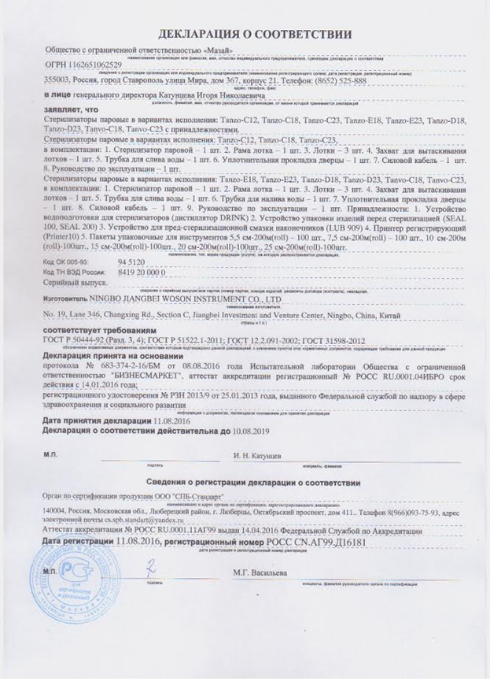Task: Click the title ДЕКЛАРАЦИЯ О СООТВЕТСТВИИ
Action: (x=245, y=35)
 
